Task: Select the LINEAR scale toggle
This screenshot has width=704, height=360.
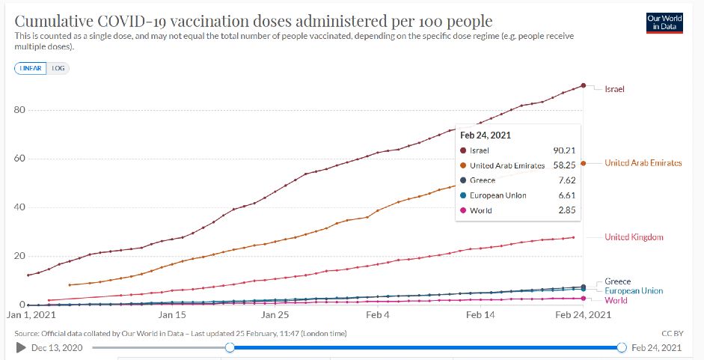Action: coord(31,67)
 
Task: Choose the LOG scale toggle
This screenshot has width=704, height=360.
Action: coord(58,67)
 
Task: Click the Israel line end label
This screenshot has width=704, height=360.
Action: coord(614,89)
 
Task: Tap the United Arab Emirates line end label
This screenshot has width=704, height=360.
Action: coord(643,162)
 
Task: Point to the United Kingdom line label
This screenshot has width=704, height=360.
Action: coord(634,237)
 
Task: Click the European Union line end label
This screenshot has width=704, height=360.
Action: coord(634,290)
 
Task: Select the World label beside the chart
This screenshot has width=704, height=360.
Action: coord(616,300)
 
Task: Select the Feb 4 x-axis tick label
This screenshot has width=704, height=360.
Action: coord(378,316)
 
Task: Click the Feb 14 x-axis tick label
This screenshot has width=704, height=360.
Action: coord(480,316)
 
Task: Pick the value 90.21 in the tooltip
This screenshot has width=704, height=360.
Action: coord(564,150)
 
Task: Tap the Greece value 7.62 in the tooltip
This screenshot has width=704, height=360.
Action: coord(566,180)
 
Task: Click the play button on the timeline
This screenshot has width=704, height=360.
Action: coord(21,347)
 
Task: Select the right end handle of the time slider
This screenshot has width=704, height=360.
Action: coord(622,347)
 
